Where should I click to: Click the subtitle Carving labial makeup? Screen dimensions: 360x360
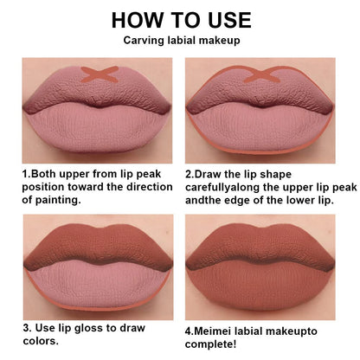tap(181, 42)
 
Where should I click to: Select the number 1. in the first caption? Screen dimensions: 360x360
tap(26, 173)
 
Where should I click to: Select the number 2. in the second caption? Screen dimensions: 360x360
tap(190, 173)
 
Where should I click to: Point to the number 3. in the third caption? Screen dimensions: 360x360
tap(28, 328)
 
